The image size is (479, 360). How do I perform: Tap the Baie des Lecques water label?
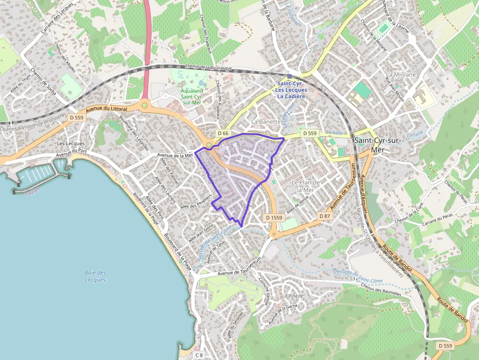tap(95, 276)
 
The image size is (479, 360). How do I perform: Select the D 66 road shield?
tap(223, 133)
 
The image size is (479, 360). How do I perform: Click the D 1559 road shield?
tap(274, 217)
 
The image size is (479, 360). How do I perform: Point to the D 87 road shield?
tap(325, 216)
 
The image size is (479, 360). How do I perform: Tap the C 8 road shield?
tap(199, 355)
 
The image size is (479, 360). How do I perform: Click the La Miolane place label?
tap(401, 75)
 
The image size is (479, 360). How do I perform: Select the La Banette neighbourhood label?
tap(266, 121)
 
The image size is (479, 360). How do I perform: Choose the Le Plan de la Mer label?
tap(305, 186)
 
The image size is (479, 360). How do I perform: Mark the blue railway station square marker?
tap(290, 76)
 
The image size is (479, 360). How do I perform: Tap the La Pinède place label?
tap(292, 296)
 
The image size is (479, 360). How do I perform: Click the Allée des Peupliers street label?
tap(196, 202)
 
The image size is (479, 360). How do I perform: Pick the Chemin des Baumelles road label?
tap(381, 291)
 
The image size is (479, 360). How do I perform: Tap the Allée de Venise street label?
tap(298, 205)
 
